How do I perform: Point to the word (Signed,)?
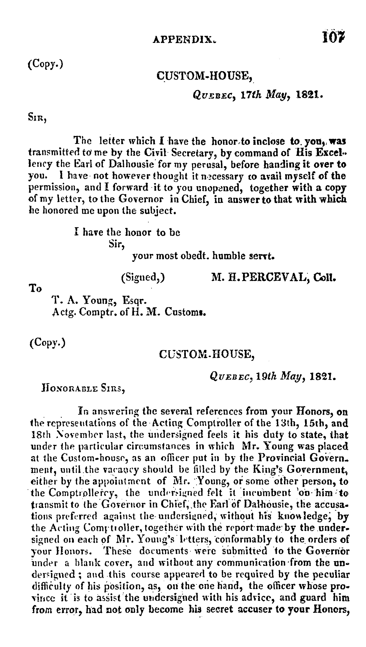coord(143,277)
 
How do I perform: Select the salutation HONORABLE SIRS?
coord(83,389)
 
